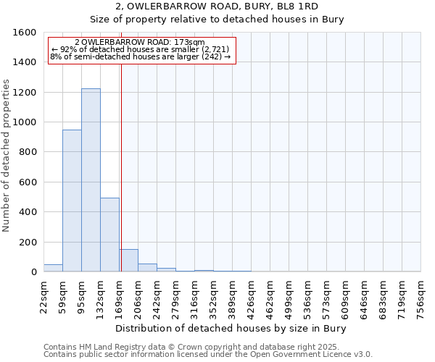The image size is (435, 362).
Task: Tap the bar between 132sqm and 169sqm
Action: (x=109, y=235)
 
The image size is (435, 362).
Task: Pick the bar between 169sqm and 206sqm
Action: (x=129, y=260)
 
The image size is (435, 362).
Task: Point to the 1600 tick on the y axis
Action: (x=25, y=33)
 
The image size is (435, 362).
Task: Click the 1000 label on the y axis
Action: (x=25, y=122)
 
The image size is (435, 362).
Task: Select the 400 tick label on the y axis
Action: (x=28, y=212)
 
